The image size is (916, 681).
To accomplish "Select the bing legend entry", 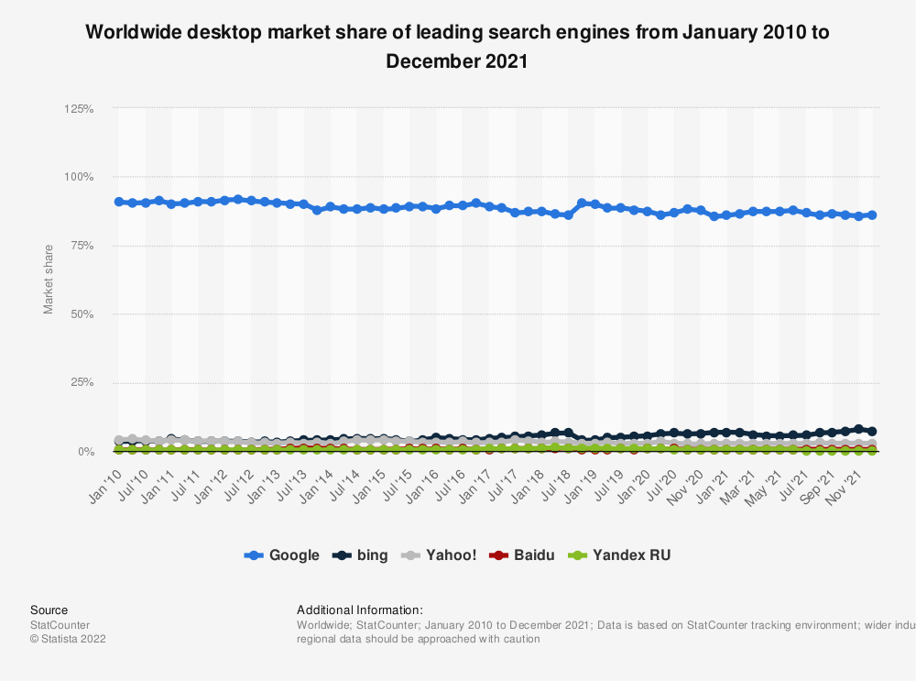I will [361, 555].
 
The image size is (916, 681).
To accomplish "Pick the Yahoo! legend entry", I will [440, 555].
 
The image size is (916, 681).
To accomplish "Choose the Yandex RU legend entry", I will [620, 555].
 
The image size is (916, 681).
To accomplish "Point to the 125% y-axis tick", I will [79, 109].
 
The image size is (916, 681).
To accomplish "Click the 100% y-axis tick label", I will [79, 177].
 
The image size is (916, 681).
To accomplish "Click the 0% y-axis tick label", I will [85, 452].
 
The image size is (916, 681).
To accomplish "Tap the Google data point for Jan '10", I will [119, 202].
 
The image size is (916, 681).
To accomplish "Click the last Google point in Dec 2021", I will [872, 215].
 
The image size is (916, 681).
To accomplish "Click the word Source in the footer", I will [49, 610].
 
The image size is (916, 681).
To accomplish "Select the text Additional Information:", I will [360, 610].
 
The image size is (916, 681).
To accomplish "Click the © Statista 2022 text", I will [69, 639].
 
